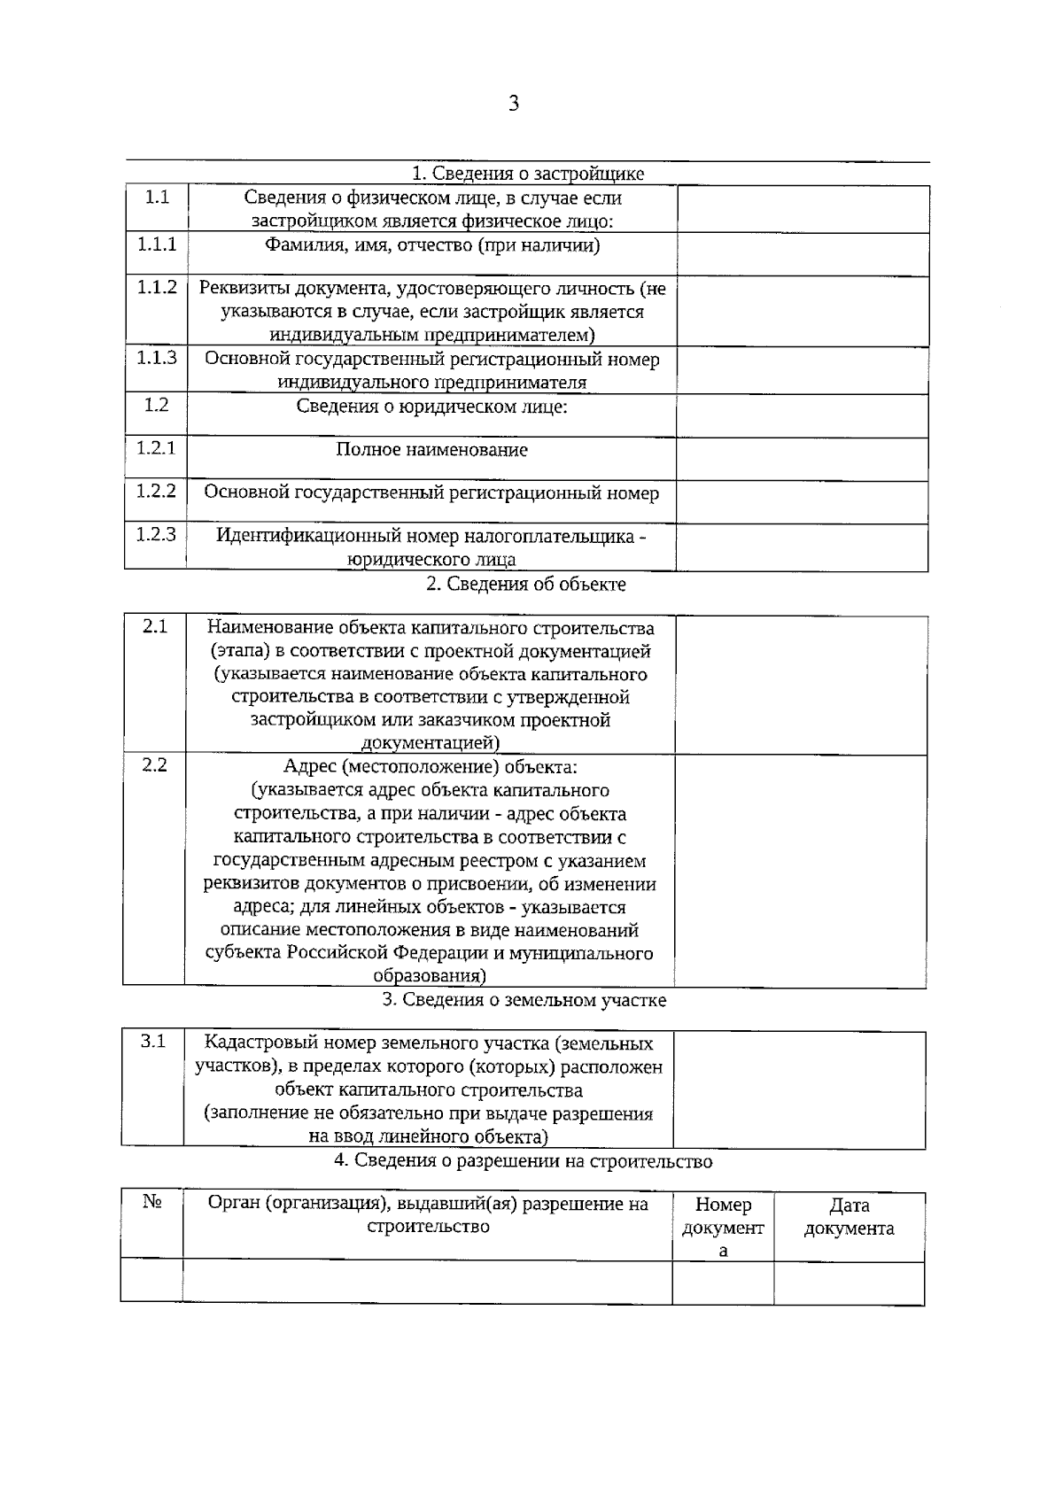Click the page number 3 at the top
click(514, 104)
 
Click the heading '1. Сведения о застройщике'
click(528, 174)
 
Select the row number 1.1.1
click(157, 244)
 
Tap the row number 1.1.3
click(157, 357)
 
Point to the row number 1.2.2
click(156, 491)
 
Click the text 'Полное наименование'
click(431, 450)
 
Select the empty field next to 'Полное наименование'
click(802, 459)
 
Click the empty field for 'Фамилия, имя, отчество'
click(803, 254)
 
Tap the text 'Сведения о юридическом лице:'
click(431, 407)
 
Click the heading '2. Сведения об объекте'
click(526, 585)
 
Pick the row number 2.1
click(155, 627)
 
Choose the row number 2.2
click(154, 765)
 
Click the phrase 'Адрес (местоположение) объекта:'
click(431, 766)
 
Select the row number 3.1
click(153, 1043)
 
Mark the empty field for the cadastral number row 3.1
click(799, 1089)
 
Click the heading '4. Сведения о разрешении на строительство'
click(523, 1161)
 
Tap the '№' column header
click(151, 1203)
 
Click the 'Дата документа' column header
click(849, 1217)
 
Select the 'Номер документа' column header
click(723, 1228)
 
